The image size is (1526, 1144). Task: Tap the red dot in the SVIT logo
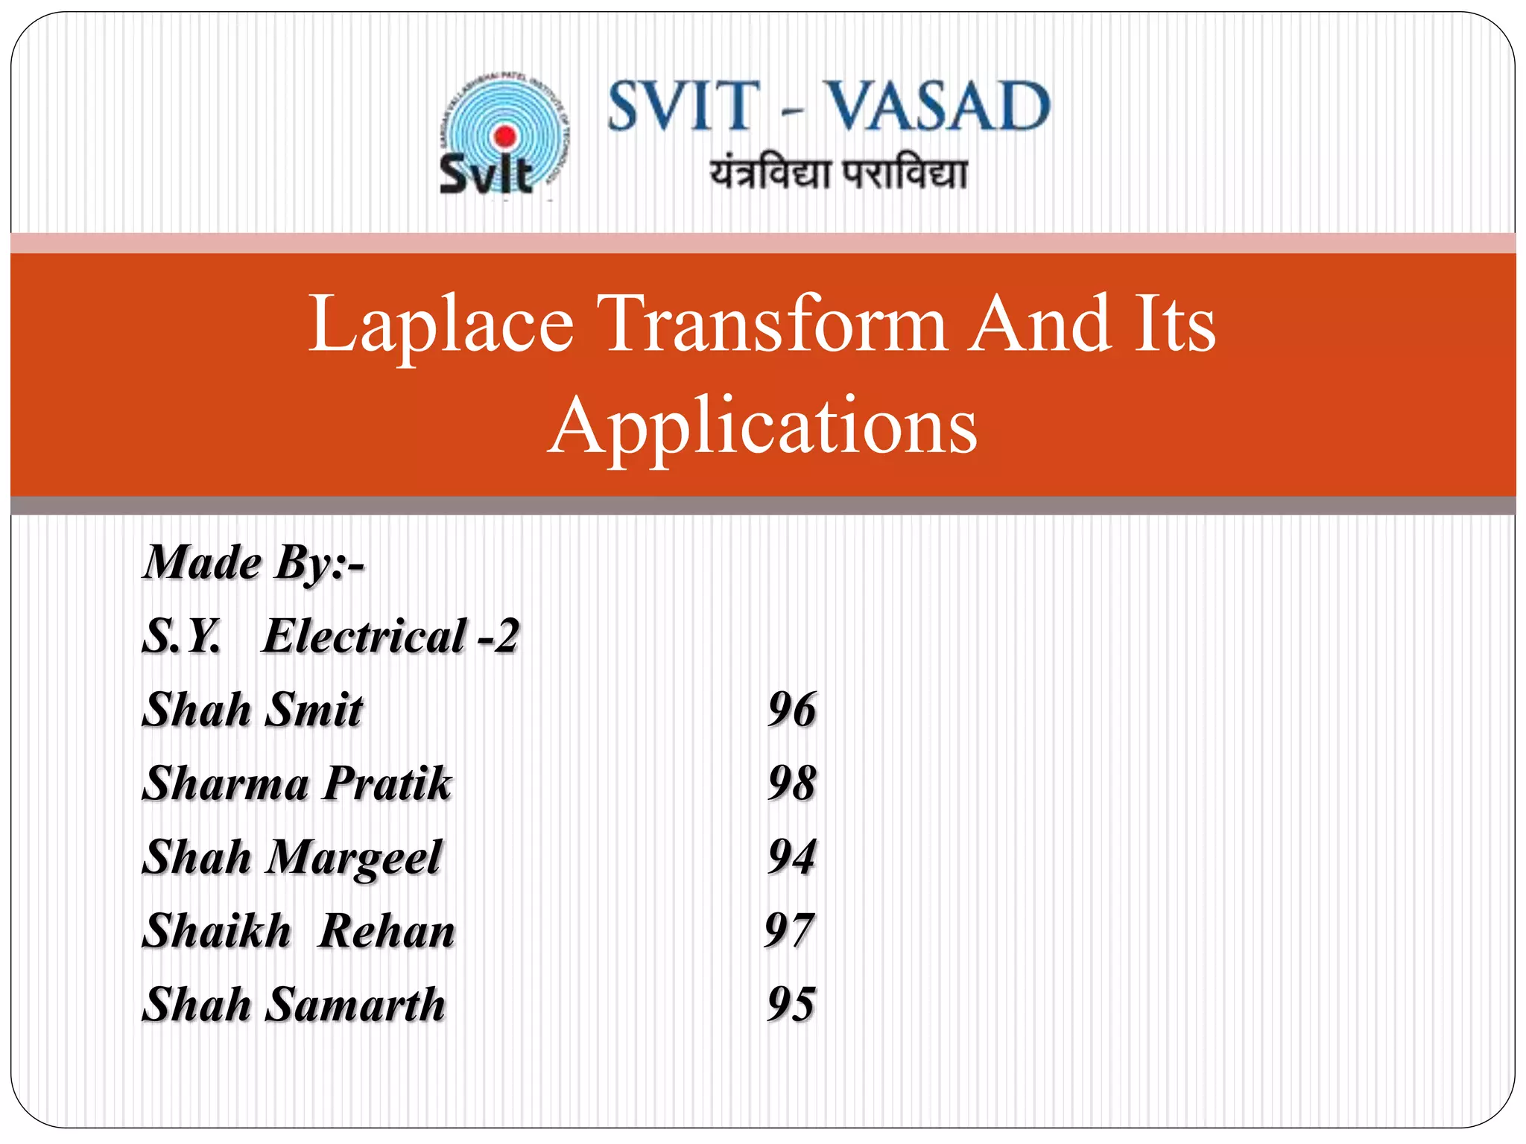(505, 136)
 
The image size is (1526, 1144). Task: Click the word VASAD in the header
(939, 107)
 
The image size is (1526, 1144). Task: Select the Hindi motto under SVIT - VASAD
(838, 174)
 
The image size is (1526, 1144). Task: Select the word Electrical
(365, 637)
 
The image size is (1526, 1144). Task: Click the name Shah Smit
(253, 710)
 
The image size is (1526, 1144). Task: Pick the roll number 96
(792, 710)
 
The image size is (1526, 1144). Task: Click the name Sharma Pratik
(297, 784)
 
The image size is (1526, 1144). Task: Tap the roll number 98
(792, 784)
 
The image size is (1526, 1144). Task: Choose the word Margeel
(354, 858)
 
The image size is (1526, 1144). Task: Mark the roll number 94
(792, 857)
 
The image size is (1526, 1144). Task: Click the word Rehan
(386, 932)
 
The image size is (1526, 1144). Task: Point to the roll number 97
(790, 931)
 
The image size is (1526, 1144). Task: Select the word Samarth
(355, 1005)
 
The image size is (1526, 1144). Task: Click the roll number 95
(792, 1005)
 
